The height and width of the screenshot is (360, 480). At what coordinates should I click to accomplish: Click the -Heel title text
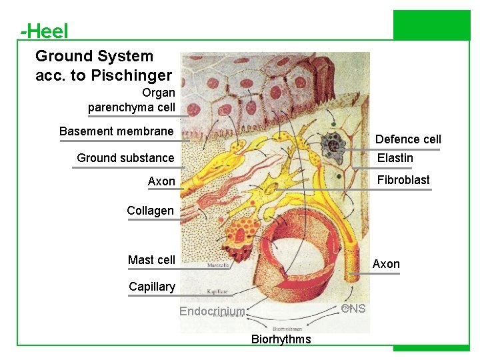click(x=44, y=31)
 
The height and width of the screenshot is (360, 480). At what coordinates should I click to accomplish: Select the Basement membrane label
click(x=116, y=131)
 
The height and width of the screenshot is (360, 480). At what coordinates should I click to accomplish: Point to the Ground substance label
click(x=125, y=158)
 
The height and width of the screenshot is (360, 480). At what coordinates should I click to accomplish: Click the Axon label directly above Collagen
click(x=161, y=181)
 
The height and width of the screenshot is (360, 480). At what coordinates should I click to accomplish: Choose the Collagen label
click(x=150, y=211)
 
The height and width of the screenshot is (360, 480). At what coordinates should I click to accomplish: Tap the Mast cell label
click(x=151, y=260)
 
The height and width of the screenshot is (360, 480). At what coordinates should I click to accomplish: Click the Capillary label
click(x=152, y=287)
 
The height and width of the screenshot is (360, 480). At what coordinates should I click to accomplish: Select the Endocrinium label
click(x=212, y=311)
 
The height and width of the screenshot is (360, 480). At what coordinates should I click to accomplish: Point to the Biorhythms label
click(x=281, y=339)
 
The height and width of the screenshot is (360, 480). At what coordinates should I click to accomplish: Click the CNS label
click(x=353, y=308)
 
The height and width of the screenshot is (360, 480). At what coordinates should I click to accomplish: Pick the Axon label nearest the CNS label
click(x=386, y=264)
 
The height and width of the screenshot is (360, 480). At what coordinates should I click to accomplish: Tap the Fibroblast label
click(x=403, y=180)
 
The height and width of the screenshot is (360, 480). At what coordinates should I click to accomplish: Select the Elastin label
click(x=395, y=158)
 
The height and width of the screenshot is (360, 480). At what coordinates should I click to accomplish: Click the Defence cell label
click(x=408, y=139)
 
